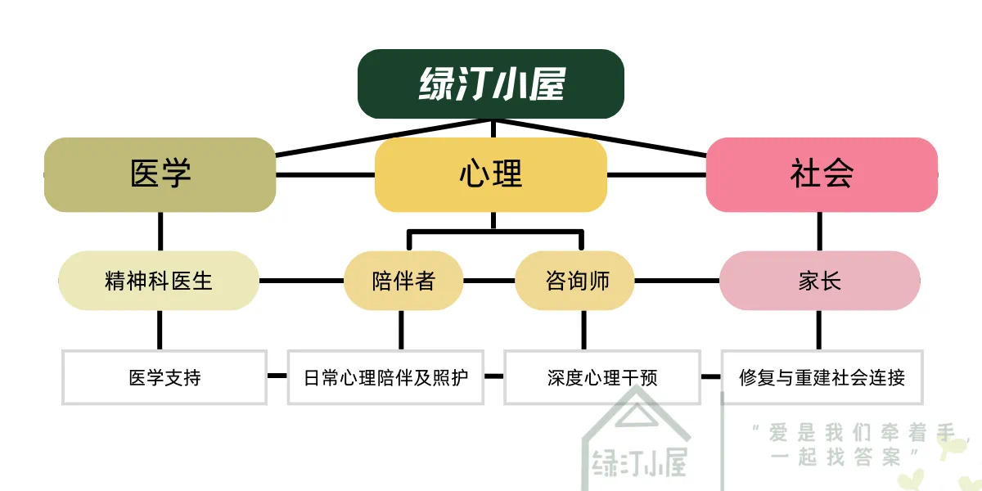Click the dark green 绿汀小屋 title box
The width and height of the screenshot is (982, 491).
[491, 83]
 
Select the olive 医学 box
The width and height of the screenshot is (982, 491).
[160, 174]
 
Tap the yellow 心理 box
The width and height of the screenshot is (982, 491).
[491, 174]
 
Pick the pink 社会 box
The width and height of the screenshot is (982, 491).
[822, 174]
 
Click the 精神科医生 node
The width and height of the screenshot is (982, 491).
[159, 281]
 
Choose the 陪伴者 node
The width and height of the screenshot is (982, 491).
[403, 281]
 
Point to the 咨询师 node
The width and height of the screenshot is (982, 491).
[576, 281]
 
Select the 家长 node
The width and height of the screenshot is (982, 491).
[819, 281]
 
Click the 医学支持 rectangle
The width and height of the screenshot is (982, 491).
[164, 377]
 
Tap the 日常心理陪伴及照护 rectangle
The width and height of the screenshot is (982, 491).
[385, 377]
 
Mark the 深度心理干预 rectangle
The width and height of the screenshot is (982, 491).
[602, 377]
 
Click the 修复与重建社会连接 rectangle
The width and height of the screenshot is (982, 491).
[822, 377]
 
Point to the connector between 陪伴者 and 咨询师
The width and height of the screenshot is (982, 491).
[489, 281]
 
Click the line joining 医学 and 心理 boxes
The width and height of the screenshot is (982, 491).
[326, 174]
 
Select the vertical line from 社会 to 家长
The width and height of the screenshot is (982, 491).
[820, 232]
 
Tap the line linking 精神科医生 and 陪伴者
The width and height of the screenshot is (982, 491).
[301, 281]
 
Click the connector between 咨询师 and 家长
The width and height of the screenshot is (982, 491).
[678, 281]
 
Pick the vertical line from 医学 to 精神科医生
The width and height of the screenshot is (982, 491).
[160, 232]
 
